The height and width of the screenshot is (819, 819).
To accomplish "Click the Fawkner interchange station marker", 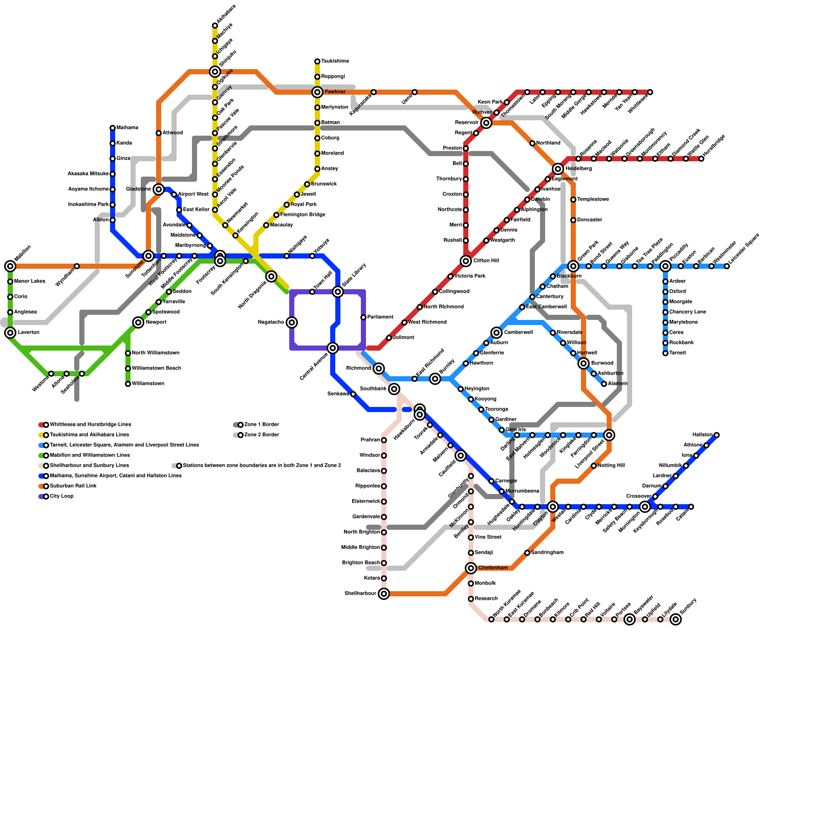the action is tap(317, 92).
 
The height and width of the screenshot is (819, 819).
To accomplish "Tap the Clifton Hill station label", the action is tap(486, 261).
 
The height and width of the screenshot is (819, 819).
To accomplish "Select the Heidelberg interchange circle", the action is tap(558, 169).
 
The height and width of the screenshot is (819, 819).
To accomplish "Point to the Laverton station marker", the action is tap(10, 333).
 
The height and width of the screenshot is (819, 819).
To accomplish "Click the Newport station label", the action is tap(156, 322).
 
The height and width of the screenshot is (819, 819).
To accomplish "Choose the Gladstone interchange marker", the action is tap(159, 189).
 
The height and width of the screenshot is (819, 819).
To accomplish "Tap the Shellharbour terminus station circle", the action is tap(384, 594).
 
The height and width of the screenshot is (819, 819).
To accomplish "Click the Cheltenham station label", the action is tap(493, 568).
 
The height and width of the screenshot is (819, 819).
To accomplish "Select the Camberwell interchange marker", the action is tap(497, 333).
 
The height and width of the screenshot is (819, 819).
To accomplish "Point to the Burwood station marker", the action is tap(584, 363).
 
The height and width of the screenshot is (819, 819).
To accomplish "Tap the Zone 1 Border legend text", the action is tap(262, 425).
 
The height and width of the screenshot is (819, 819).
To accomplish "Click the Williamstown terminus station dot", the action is tap(128, 384).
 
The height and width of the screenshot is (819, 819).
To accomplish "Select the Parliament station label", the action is tap(380, 317).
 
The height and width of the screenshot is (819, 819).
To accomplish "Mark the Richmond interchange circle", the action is tap(379, 369).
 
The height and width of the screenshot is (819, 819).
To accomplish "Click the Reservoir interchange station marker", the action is tap(486, 123).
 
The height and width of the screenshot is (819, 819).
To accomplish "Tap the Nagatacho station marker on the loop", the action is tap(292, 322).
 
